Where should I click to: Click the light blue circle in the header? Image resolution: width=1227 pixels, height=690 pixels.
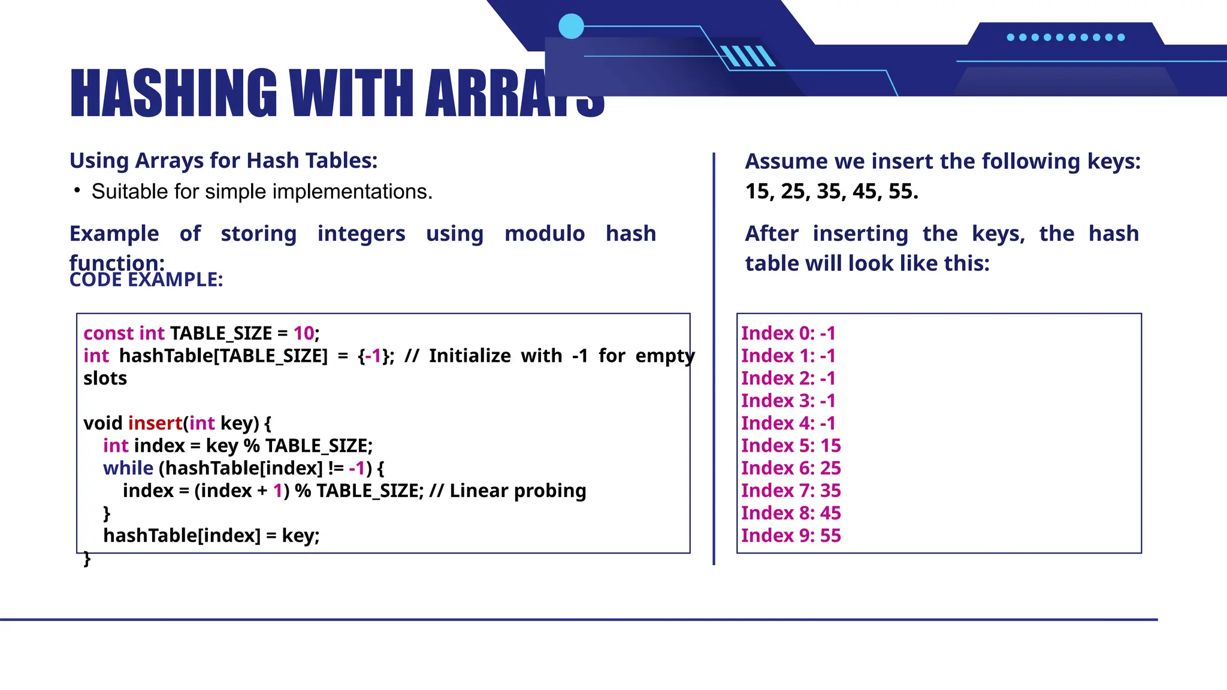[x=571, y=26]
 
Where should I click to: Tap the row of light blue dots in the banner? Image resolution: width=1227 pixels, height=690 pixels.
[x=1065, y=37]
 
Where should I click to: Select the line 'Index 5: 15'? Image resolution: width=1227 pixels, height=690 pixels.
[x=791, y=446]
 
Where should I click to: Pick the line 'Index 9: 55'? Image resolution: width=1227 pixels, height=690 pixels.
[x=791, y=535]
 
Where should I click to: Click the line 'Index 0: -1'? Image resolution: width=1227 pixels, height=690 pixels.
[x=788, y=333]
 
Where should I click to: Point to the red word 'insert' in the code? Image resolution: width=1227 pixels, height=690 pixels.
[x=155, y=423]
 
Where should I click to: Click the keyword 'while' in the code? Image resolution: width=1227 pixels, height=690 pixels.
[x=128, y=468]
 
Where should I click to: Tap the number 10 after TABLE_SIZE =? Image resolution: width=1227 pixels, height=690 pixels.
[x=304, y=333]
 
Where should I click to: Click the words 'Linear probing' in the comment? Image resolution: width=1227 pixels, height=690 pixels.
[x=518, y=491]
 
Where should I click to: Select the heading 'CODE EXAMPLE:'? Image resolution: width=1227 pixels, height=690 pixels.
[x=146, y=280]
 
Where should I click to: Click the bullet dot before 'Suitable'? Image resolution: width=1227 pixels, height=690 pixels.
[x=77, y=190]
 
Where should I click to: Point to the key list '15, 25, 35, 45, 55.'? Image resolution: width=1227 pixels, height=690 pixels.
[x=832, y=192]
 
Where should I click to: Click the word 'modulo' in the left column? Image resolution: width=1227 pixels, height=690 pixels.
[x=544, y=234]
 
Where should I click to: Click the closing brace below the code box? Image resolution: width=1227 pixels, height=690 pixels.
[x=87, y=558]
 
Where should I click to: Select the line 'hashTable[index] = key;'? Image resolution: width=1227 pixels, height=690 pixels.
[x=211, y=535]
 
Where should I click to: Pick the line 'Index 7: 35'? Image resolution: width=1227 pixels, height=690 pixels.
[x=791, y=491]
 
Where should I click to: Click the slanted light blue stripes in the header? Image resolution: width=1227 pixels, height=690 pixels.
[x=748, y=56]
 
